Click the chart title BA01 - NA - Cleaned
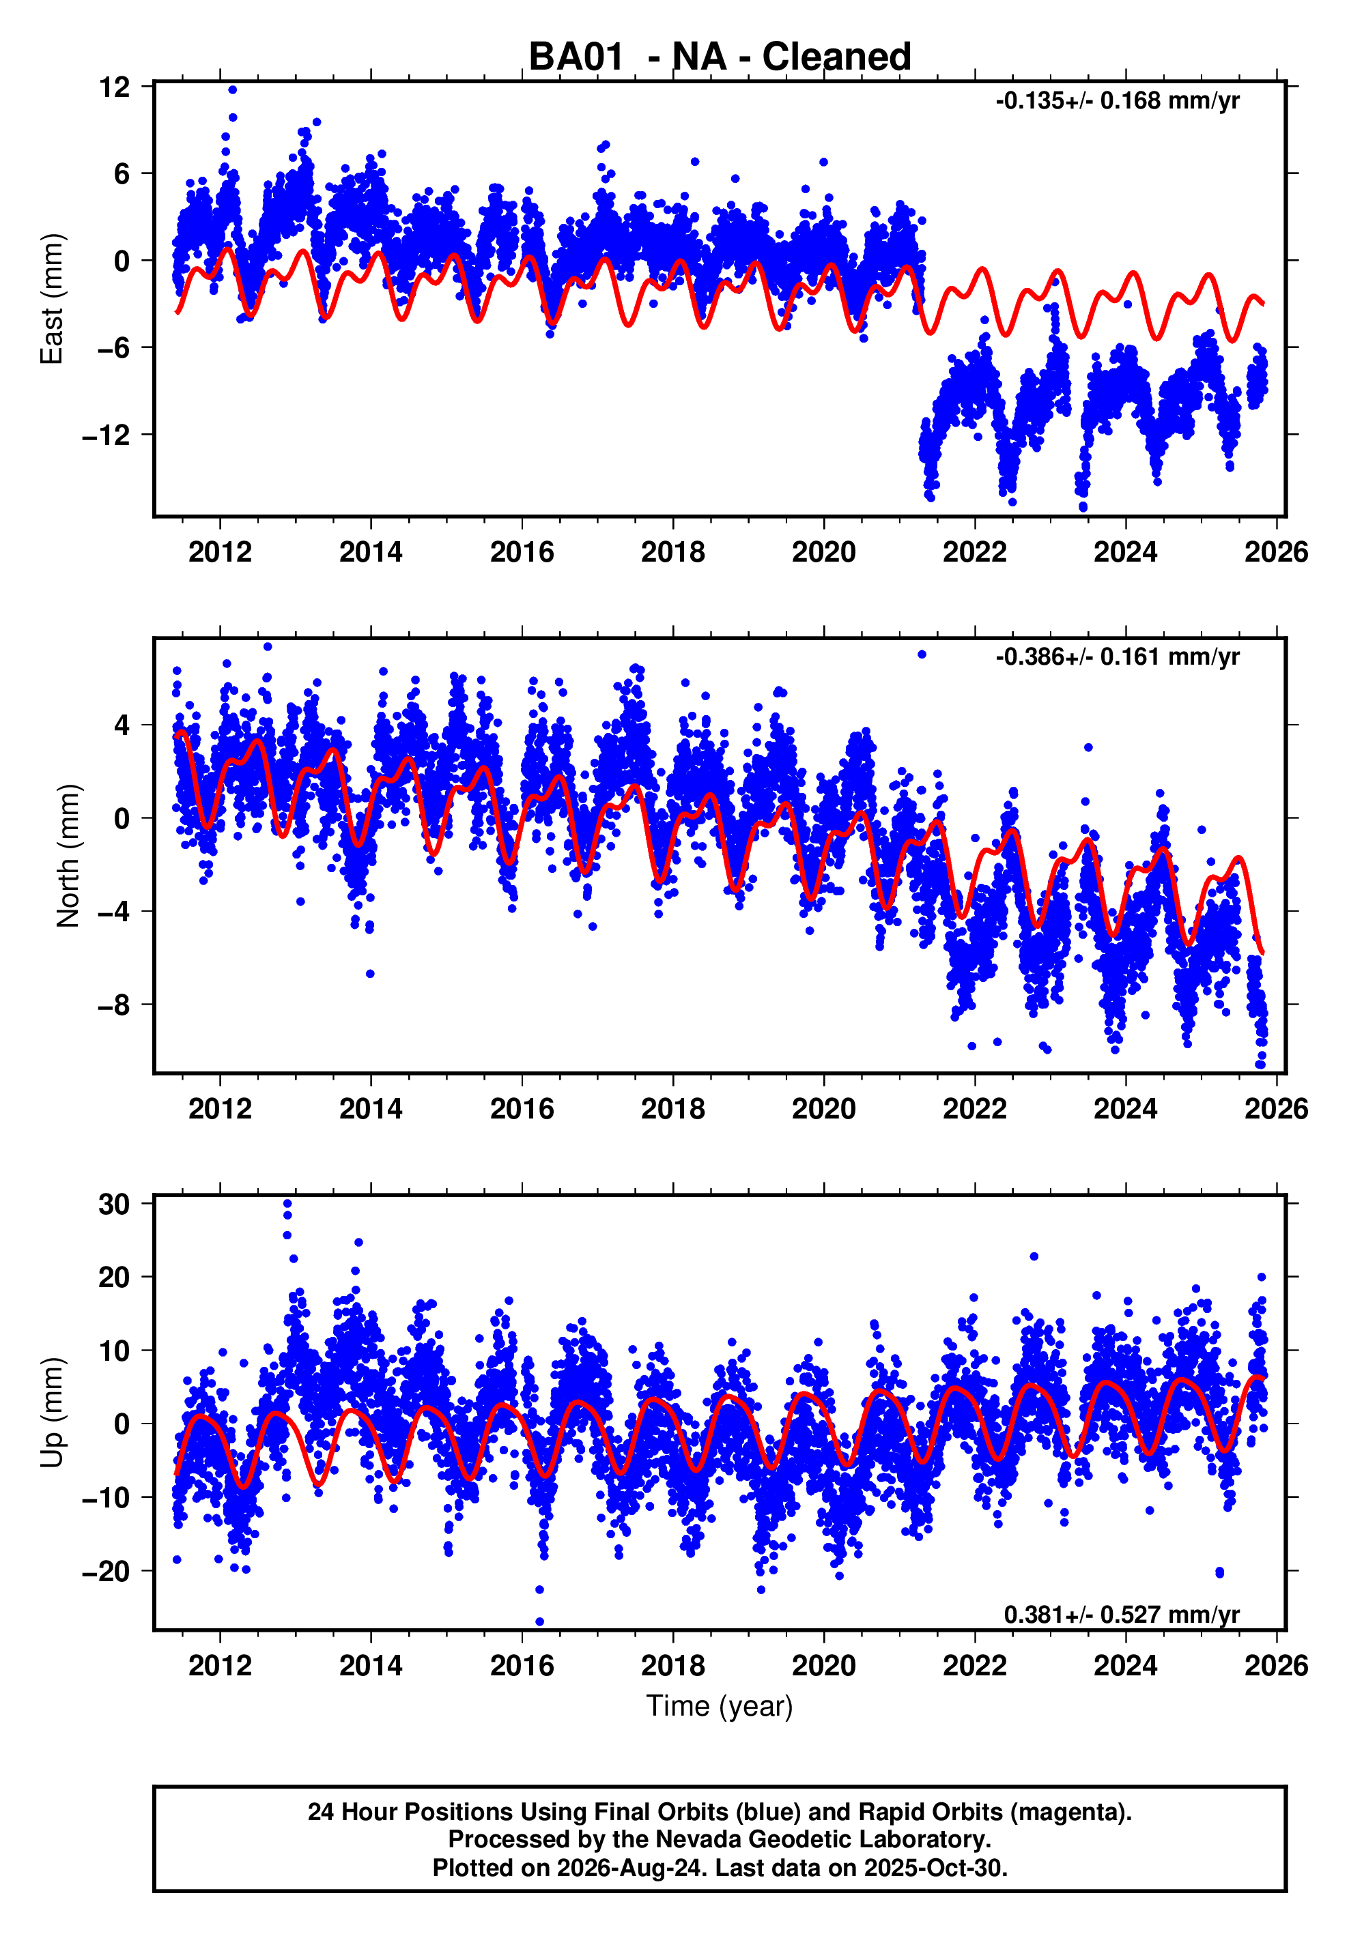(720, 57)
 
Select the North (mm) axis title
(68, 856)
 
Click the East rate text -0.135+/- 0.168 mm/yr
(1118, 101)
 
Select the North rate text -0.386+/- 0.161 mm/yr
(1118, 657)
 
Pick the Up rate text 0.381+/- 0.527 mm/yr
(1122, 1615)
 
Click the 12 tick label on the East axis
(115, 87)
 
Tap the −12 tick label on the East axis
(106, 435)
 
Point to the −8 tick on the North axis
(115, 1005)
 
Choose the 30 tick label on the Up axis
(115, 1204)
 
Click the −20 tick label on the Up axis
(106, 1571)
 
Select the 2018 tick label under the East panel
(672, 553)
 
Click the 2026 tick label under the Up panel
(1277, 1666)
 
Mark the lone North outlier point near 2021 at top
(922, 654)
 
